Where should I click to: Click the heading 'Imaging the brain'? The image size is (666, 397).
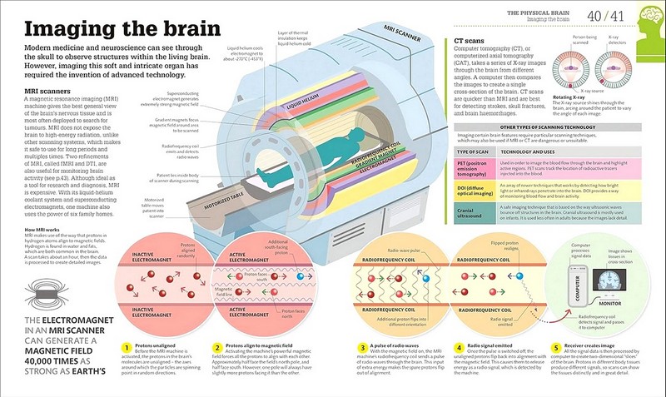pos(122,28)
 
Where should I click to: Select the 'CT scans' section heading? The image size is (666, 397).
pos(470,39)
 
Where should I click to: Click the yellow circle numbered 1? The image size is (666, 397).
pos(125,347)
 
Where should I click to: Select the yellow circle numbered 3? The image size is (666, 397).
pos(363,347)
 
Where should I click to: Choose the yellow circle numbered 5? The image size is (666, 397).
pos(555,347)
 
